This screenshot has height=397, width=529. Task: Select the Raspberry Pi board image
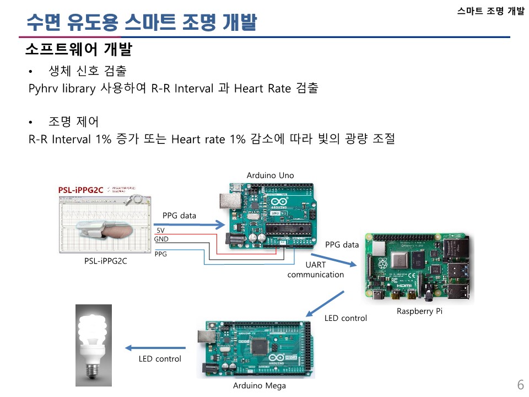point(419,268)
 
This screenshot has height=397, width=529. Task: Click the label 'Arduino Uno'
point(270,175)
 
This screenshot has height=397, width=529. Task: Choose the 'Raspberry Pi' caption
point(419,312)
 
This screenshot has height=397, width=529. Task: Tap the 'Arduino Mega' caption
point(260,385)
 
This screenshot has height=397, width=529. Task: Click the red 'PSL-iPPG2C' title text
point(82,190)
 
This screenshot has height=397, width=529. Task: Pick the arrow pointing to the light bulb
point(154,348)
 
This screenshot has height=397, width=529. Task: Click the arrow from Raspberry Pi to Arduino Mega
point(326,303)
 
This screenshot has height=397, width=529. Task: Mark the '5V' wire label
point(160,230)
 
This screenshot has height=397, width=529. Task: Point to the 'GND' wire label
point(161,239)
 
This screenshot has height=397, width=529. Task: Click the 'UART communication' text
point(316,270)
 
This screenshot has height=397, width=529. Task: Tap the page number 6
point(520,384)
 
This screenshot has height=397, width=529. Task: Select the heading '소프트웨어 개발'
point(78,50)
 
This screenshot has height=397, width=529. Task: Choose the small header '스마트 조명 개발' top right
point(490,11)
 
